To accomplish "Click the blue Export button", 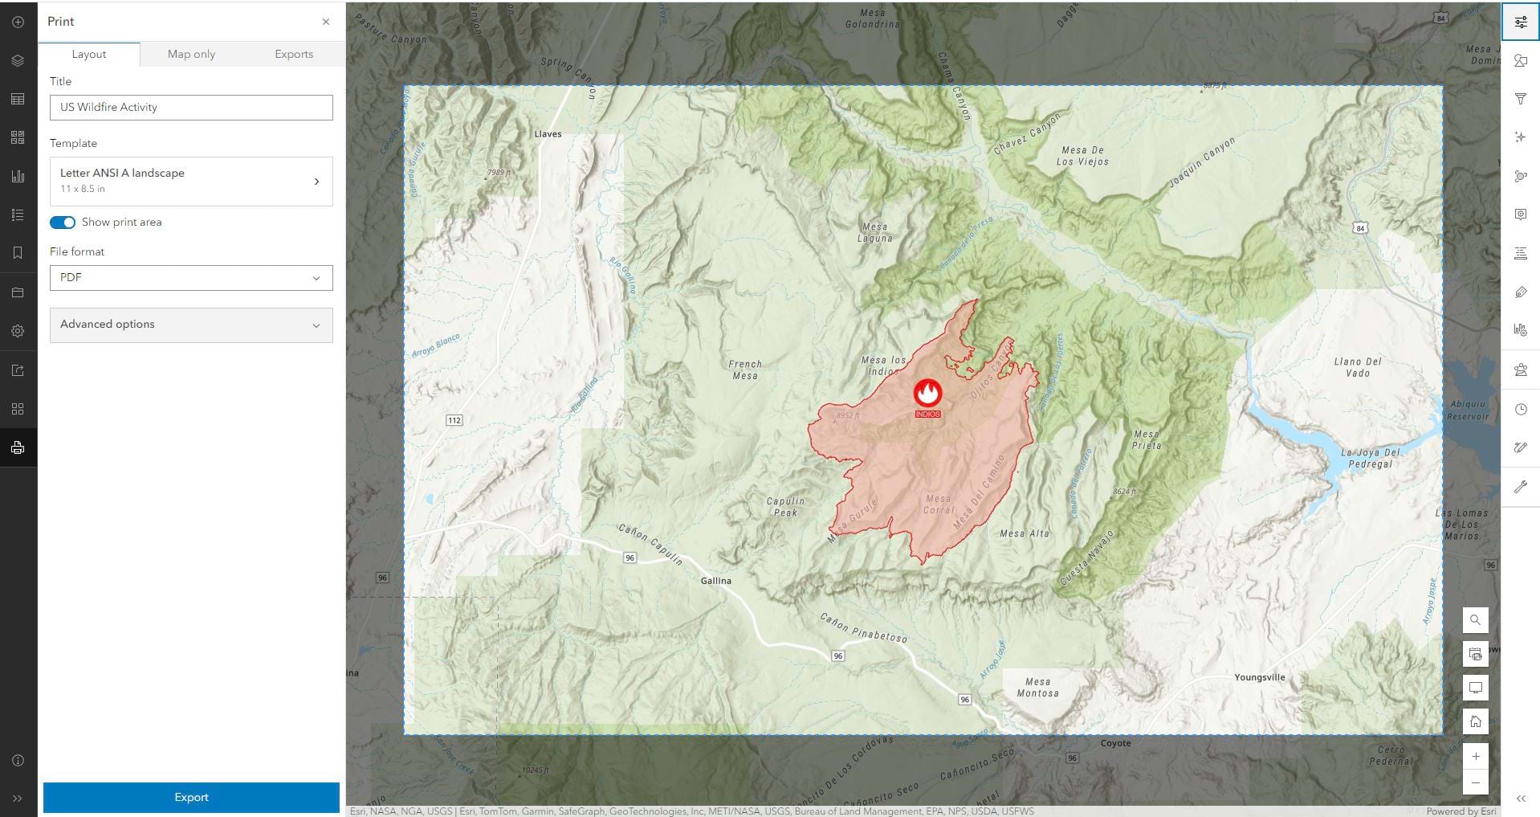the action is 191,797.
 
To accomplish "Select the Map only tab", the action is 191,54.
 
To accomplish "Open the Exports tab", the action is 293,54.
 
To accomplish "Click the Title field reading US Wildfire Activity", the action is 191,108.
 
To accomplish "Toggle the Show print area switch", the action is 63,223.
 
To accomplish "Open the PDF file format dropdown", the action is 191,278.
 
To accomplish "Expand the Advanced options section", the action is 191,325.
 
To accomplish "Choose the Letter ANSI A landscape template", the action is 191,181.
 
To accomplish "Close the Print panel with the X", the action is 326,22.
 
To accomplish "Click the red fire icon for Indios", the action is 927,393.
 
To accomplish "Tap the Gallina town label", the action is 715,581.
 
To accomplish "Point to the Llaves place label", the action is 548,134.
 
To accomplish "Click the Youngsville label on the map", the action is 1259,677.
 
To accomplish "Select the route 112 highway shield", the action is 454,420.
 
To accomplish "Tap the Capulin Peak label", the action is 785,507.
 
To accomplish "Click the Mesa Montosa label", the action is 1037,688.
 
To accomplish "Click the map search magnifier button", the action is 1475,620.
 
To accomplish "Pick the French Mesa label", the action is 745,370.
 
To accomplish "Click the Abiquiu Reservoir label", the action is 1468,411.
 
